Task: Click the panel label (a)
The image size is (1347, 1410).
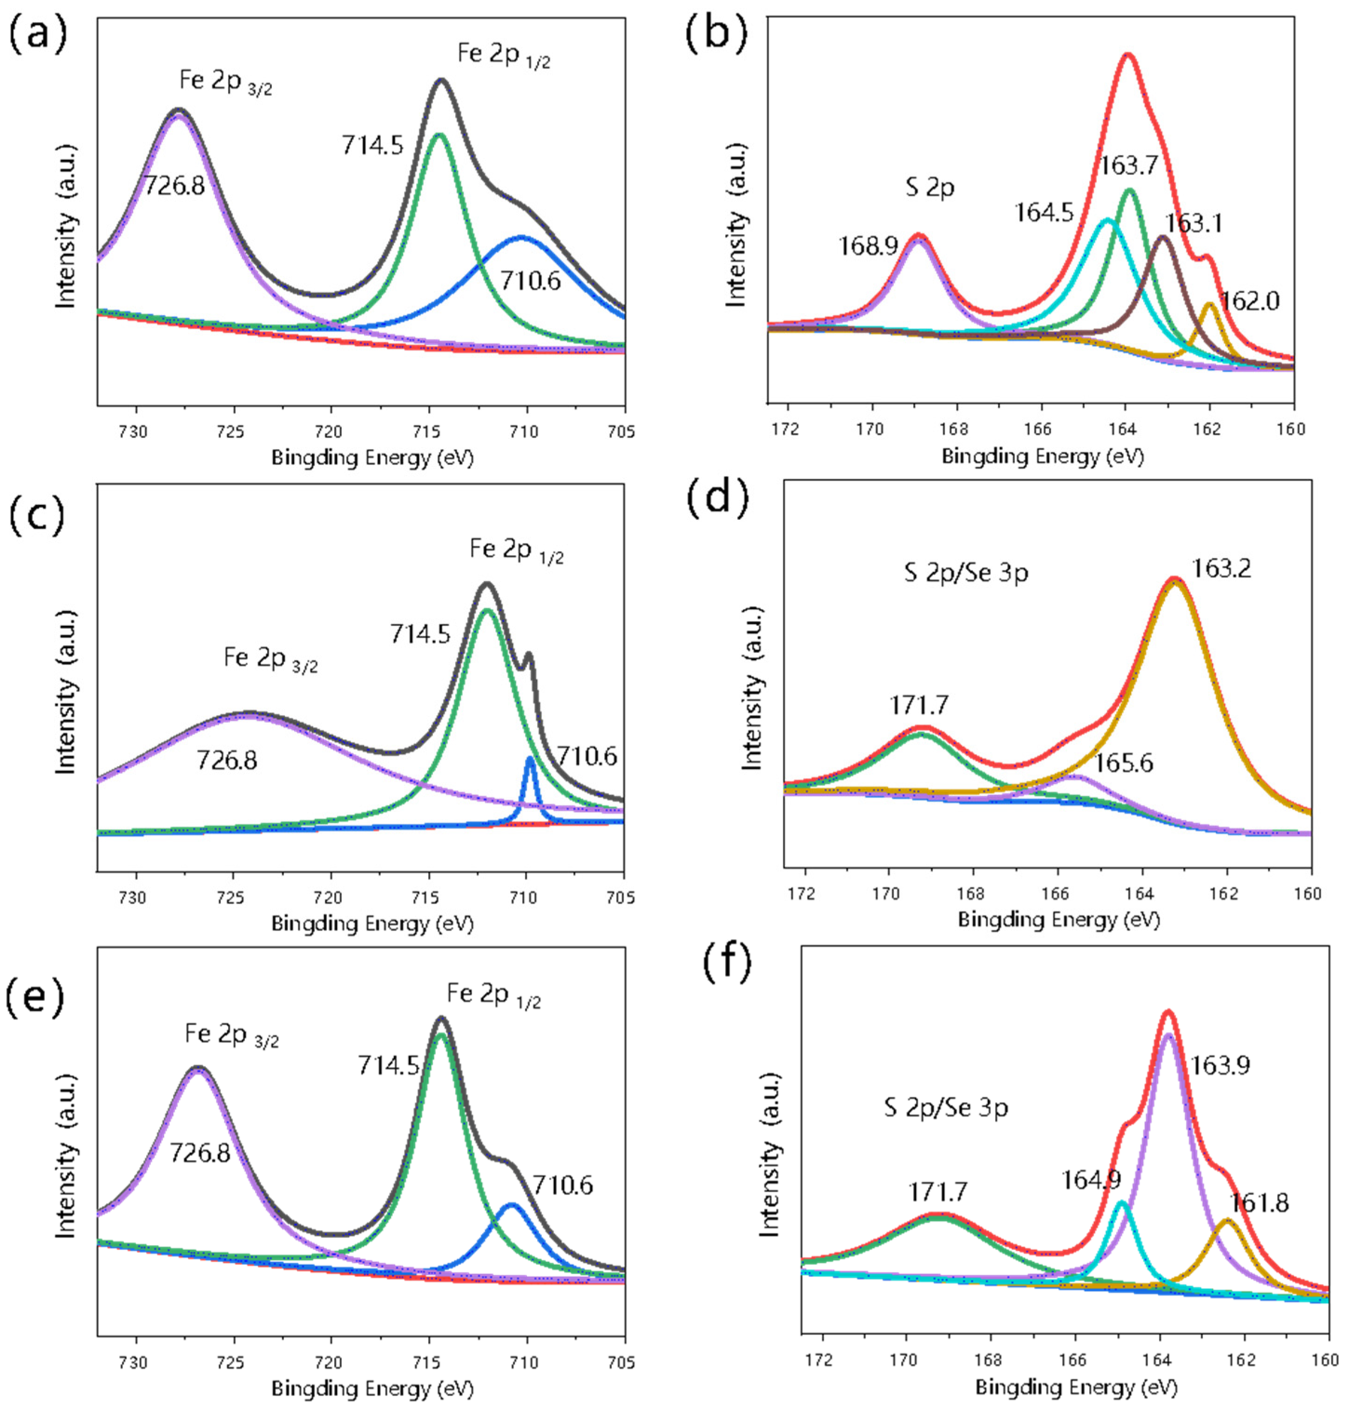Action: (x=37, y=34)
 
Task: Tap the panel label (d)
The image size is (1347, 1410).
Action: (x=717, y=497)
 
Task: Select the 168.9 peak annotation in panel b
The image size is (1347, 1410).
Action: (x=868, y=246)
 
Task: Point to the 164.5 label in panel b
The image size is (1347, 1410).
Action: (x=1043, y=213)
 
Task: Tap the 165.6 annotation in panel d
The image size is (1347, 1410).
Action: (x=1124, y=762)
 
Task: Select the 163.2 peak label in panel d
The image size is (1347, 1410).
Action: (x=1220, y=569)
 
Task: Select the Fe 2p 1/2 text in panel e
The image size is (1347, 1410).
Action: (x=493, y=995)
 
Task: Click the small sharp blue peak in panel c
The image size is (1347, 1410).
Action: (x=530, y=759)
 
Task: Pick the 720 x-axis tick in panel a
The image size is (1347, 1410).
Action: (x=330, y=431)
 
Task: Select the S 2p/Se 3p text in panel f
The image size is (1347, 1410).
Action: (x=946, y=1107)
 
